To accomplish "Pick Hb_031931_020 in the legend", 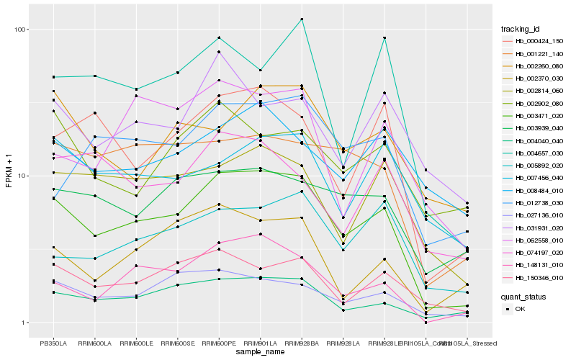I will coord(533,227).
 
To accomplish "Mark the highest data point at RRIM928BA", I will coord(302,19).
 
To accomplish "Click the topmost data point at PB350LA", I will coord(53,77).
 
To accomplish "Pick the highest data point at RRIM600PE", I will coord(219,37).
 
